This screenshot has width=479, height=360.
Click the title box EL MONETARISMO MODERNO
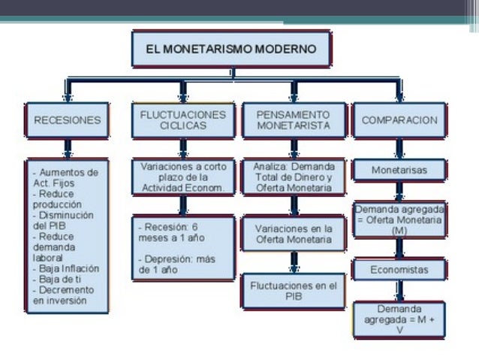coord(232,49)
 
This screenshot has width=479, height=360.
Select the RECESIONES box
coord(67,119)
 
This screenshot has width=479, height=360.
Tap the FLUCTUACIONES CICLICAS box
coord(183,119)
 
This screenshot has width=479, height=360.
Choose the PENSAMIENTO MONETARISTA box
coord(293,119)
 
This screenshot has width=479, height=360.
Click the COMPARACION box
coord(399,119)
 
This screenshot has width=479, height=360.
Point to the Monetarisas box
coord(399,171)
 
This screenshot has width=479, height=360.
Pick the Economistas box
coord(399,269)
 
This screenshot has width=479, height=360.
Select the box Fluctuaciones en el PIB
coord(293,291)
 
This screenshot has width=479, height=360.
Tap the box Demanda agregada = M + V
coord(399,319)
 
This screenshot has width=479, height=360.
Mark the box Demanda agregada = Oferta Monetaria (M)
coord(399,219)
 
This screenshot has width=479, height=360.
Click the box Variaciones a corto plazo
coord(183,177)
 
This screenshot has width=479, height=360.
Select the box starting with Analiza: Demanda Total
coord(293,177)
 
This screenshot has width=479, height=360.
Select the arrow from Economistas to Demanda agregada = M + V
coord(399,291)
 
